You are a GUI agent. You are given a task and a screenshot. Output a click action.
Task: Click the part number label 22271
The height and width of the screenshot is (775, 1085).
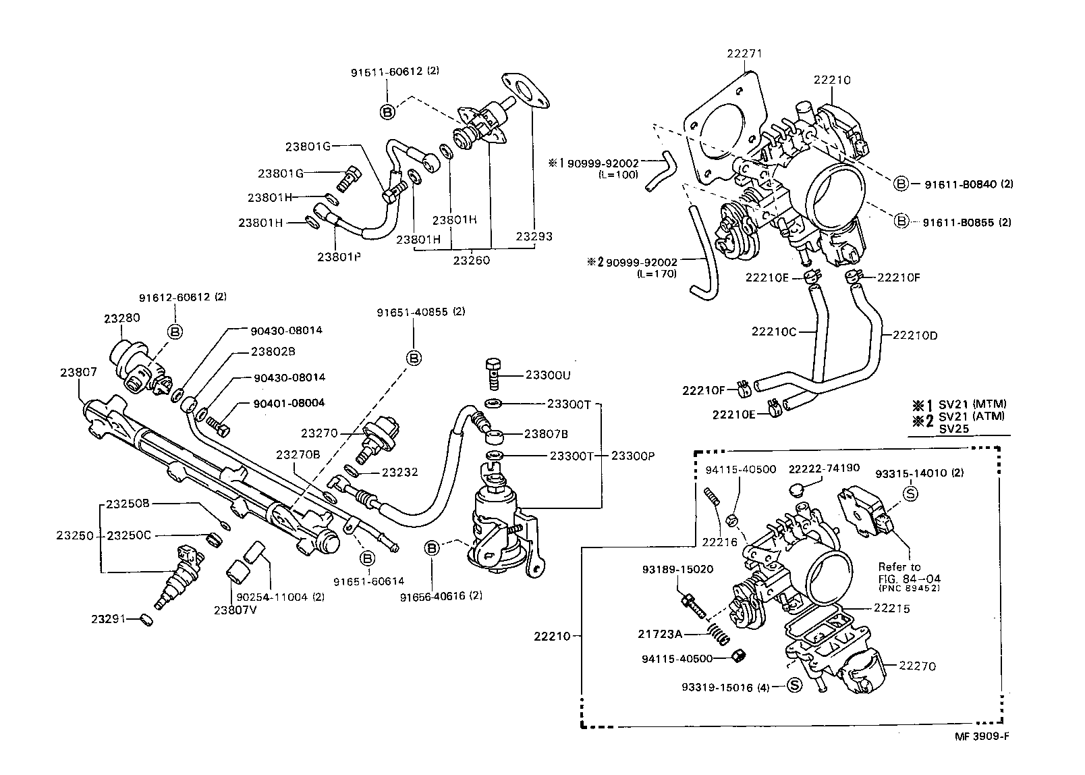pos(744,53)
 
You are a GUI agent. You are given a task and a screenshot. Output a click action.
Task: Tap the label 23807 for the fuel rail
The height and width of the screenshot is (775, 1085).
pos(78,372)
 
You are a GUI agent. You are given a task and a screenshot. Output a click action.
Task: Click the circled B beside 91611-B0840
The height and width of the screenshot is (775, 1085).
pos(900,184)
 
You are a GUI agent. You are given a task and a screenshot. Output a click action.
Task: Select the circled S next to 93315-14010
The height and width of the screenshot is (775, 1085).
pos(910,493)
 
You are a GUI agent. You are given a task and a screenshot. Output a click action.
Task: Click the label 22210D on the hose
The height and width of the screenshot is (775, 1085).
pos(915,335)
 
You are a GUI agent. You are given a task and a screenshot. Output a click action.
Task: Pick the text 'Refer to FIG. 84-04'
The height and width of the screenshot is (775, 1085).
pos(909,572)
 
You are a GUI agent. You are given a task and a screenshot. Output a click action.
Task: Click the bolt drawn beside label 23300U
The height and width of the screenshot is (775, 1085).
pos(493,373)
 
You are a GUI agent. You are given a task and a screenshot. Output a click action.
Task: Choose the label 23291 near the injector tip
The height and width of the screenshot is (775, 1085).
pos(109,618)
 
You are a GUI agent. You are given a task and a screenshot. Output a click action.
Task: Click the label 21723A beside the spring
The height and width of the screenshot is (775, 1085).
pos(661,634)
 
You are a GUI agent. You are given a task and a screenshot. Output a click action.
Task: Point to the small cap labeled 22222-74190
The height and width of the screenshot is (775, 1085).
pos(796,488)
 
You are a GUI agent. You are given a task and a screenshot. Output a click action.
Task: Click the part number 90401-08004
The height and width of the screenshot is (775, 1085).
pos(289,403)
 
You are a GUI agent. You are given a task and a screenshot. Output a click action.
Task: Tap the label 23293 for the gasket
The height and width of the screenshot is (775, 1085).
pos(534,236)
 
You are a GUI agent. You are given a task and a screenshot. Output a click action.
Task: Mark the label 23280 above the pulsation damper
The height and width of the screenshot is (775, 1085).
pos(121,317)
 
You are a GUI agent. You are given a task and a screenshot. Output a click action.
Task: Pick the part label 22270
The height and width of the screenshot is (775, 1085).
pos(917,666)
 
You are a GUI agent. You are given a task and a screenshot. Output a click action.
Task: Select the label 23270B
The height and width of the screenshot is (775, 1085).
pos(298,454)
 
